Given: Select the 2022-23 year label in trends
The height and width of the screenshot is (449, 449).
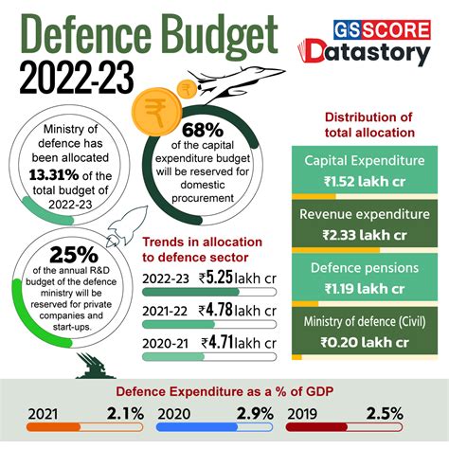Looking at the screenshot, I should tap(166, 278).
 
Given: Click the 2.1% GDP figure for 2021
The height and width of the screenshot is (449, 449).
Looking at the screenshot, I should tap(125, 413).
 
